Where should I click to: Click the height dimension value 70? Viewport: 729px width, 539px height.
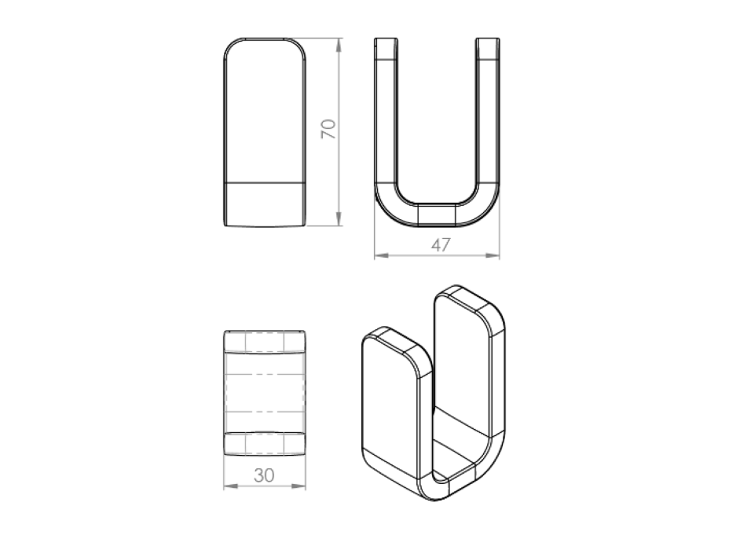pyautogui.click(x=329, y=129)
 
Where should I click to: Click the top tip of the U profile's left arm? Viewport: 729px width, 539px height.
pyautogui.click(x=385, y=39)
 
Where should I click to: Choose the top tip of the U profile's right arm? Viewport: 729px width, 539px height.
pyautogui.click(x=487, y=39)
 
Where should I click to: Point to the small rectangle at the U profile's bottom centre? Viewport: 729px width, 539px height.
pyautogui.click(x=437, y=214)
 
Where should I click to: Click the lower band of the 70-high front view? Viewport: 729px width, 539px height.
pyautogui.click(x=265, y=203)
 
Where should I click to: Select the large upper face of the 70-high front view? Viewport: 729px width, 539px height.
pyautogui.click(x=265, y=110)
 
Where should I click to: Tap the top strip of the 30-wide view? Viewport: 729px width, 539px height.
pyautogui.click(x=265, y=342)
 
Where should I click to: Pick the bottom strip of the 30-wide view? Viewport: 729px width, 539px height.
pyautogui.click(x=265, y=444)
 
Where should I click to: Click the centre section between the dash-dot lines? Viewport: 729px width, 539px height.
pyautogui.click(x=265, y=393)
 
